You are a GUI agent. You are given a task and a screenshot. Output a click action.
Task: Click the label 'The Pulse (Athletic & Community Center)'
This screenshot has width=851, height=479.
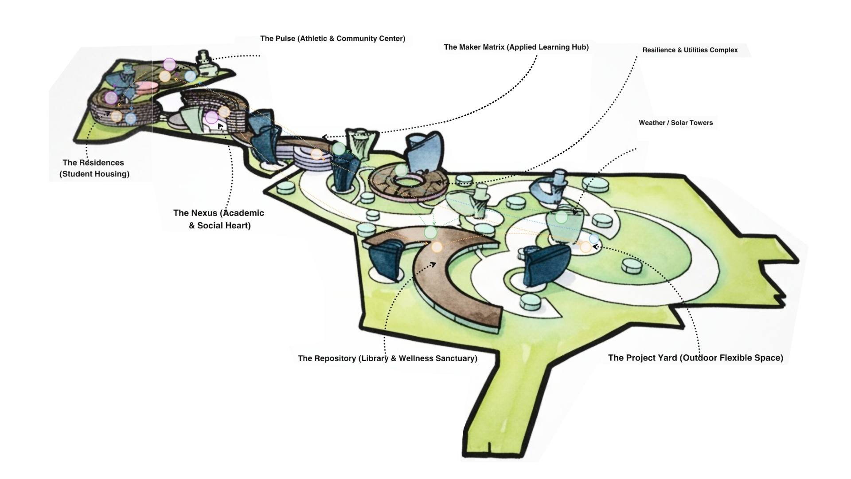(332, 39)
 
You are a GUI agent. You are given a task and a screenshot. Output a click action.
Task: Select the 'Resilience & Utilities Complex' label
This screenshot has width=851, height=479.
(690, 50)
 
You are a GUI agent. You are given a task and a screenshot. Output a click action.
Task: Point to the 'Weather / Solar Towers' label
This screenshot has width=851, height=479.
(675, 123)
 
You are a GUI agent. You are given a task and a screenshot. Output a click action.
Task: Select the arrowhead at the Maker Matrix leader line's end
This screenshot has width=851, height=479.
(325, 137)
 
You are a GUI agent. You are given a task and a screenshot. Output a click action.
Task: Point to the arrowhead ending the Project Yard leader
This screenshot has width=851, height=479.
(595, 247)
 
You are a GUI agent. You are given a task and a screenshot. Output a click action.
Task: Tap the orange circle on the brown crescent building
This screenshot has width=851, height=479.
(437, 247)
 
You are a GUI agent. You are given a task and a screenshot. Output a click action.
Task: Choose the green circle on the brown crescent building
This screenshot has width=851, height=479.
(430, 232)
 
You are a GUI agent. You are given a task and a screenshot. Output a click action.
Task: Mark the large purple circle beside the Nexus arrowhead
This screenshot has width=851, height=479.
(211, 118)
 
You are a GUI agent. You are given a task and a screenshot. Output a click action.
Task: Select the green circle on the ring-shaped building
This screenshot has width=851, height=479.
(401, 170)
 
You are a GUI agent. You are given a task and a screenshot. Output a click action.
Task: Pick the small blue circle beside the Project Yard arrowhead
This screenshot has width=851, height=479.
(593, 239)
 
